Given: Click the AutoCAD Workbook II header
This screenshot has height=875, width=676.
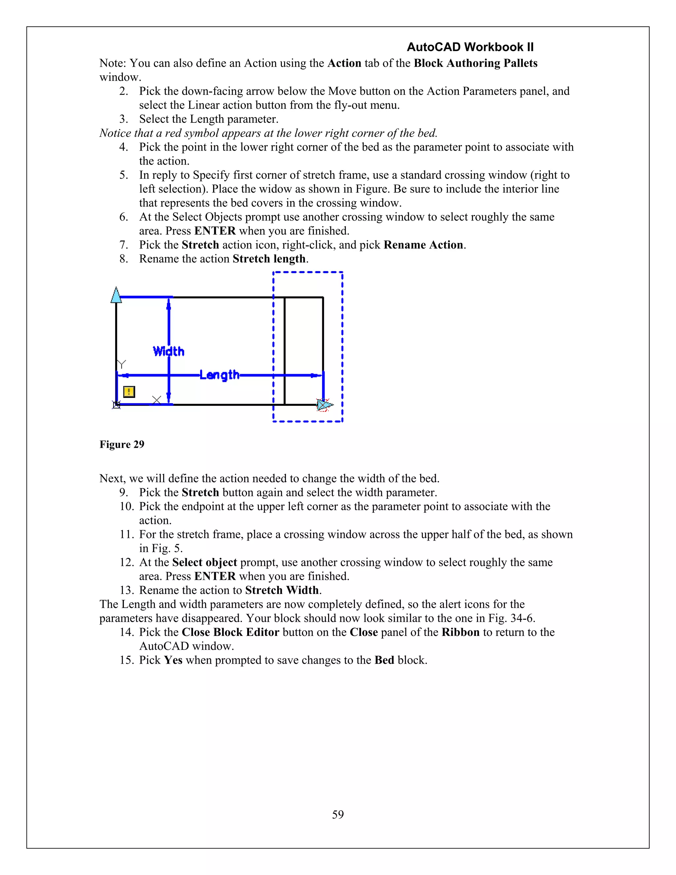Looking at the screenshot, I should click(470, 47).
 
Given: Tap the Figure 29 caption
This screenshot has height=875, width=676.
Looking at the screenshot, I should click(122, 444).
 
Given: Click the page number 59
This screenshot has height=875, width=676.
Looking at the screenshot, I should click(338, 814).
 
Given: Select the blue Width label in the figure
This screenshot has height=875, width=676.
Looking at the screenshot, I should click(169, 351).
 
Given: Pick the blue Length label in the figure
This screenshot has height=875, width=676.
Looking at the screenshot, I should click(220, 375).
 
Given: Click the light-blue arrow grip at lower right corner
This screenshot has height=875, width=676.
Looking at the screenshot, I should click(325, 405).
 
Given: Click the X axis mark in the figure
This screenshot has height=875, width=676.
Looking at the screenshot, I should click(156, 400).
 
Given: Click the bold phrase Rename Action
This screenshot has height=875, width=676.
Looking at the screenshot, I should click(423, 245).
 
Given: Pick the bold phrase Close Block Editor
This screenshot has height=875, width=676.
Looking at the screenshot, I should click(230, 632).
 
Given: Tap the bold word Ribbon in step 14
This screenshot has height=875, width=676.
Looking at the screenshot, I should click(460, 632).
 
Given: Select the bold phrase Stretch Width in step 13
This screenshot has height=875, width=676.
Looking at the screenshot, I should click(282, 590).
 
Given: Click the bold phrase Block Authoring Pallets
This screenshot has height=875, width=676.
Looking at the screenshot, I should click(475, 63).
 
